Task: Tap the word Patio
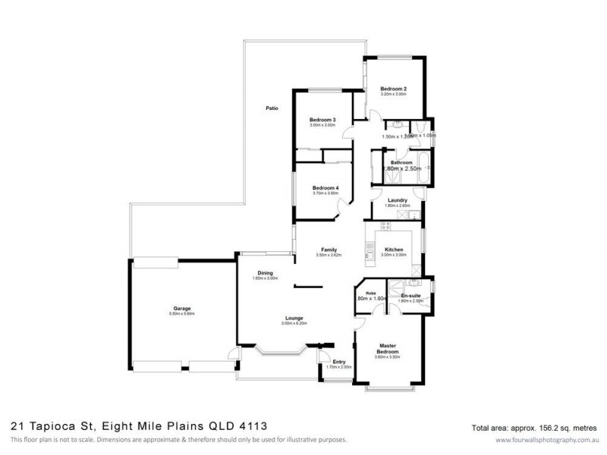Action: tap(272, 108)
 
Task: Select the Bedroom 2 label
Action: tap(394, 89)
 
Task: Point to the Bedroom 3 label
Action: tap(323, 120)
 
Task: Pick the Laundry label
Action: tap(398, 200)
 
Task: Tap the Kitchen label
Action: tap(393, 249)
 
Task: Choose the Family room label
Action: tap(329, 249)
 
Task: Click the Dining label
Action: tap(265, 273)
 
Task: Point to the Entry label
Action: tap(338, 362)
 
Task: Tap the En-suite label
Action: tap(410, 295)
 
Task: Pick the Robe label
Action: tap(371, 292)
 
